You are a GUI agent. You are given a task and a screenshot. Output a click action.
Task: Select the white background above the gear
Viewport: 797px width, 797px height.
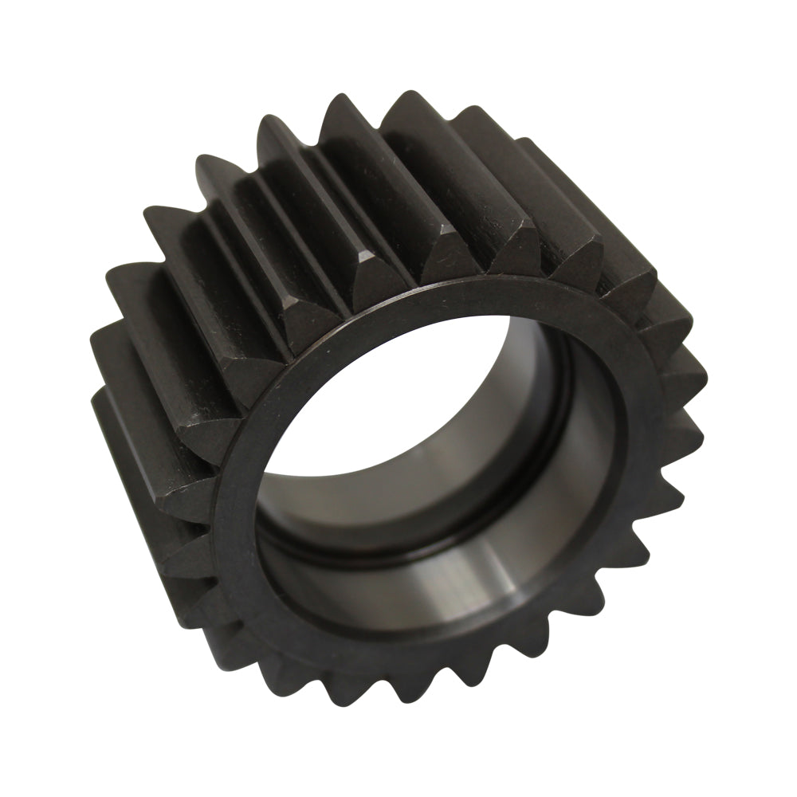coord(398,40)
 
